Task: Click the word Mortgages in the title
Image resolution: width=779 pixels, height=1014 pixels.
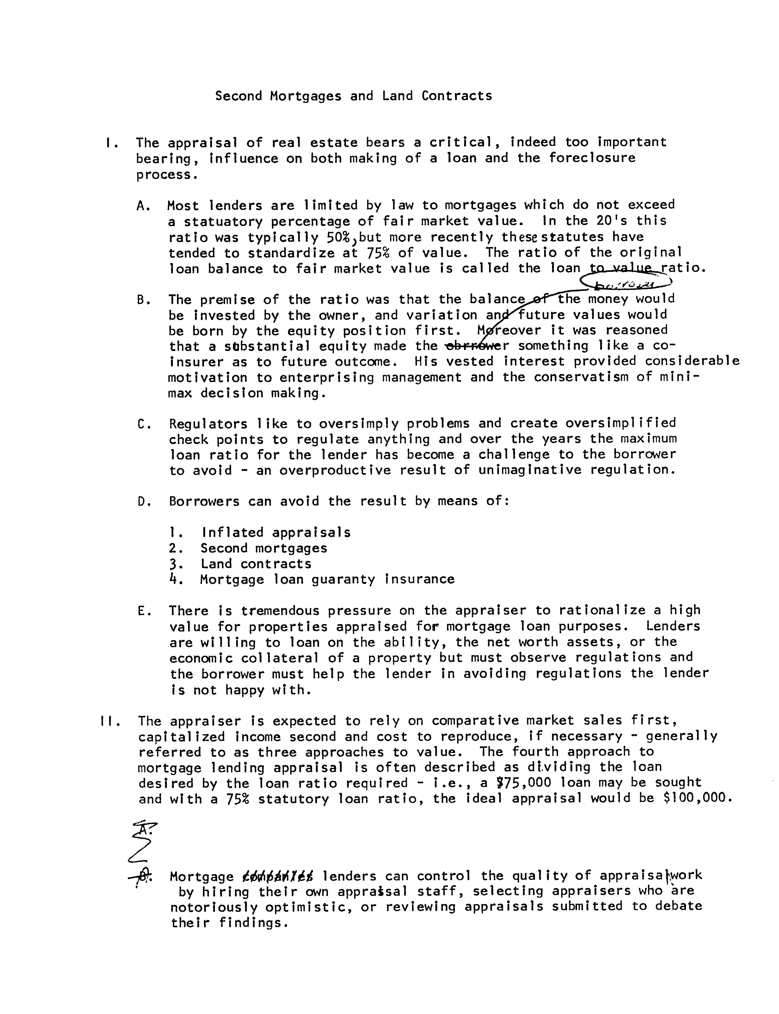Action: (x=306, y=97)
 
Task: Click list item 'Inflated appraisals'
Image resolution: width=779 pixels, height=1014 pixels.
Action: (x=276, y=532)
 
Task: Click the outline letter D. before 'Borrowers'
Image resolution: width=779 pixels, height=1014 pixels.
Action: (x=142, y=502)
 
